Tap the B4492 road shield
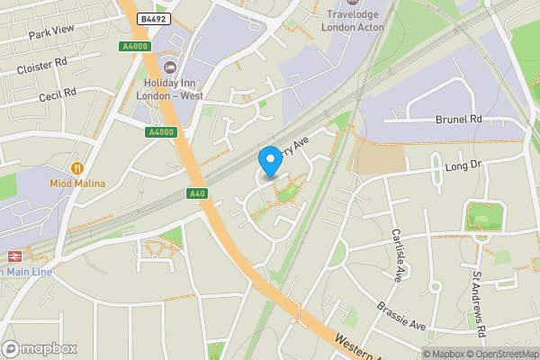point(153,18)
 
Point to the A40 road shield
point(198,193)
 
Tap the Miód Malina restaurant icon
point(77,167)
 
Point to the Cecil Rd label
point(57,94)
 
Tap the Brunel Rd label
point(459,118)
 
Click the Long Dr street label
point(464,166)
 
